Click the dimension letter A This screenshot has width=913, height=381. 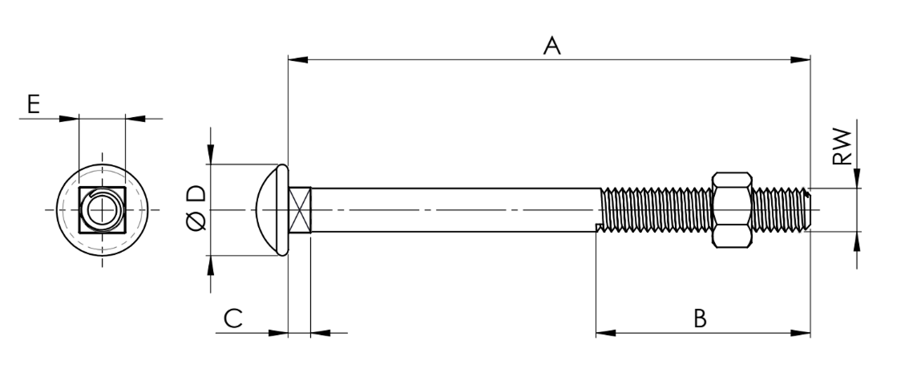coord(551,46)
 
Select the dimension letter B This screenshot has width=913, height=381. coord(700,318)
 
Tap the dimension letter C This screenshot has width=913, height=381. coord(233,318)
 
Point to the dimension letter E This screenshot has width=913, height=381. coord(33,103)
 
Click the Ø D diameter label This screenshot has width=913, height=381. coord(196,208)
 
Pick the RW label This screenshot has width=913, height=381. coord(842,146)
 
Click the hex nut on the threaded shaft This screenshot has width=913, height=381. coord(732,209)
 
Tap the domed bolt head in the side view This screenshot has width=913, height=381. coord(273,209)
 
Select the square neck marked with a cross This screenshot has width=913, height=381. coord(300,209)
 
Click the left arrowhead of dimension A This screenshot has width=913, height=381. coord(297,59)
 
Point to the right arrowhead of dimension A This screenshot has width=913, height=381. coord(801,59)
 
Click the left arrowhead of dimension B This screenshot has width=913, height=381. coord(605,333)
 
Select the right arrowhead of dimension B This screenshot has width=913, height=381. coord(801,333)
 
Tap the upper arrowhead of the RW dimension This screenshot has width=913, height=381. coord(857,178)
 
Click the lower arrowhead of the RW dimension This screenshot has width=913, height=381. coord(857,241)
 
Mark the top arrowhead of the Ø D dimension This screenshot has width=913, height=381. coord(210,154)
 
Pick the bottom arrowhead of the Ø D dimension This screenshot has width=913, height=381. coord(210,265)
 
